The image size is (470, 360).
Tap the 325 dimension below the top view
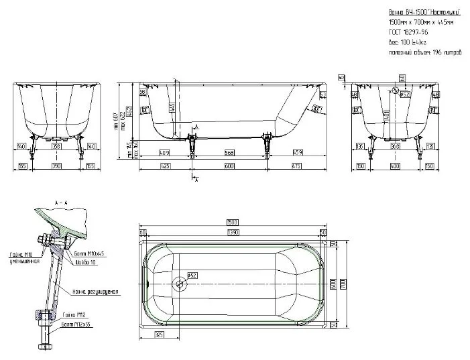click(x=160, y=333)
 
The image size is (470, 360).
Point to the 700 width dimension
click(x=343, y=284)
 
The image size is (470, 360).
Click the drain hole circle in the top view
click(x=179, y=284)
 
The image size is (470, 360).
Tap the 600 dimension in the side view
click(x=229, y=165)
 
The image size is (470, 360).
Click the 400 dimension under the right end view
click(x=396, y=165)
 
